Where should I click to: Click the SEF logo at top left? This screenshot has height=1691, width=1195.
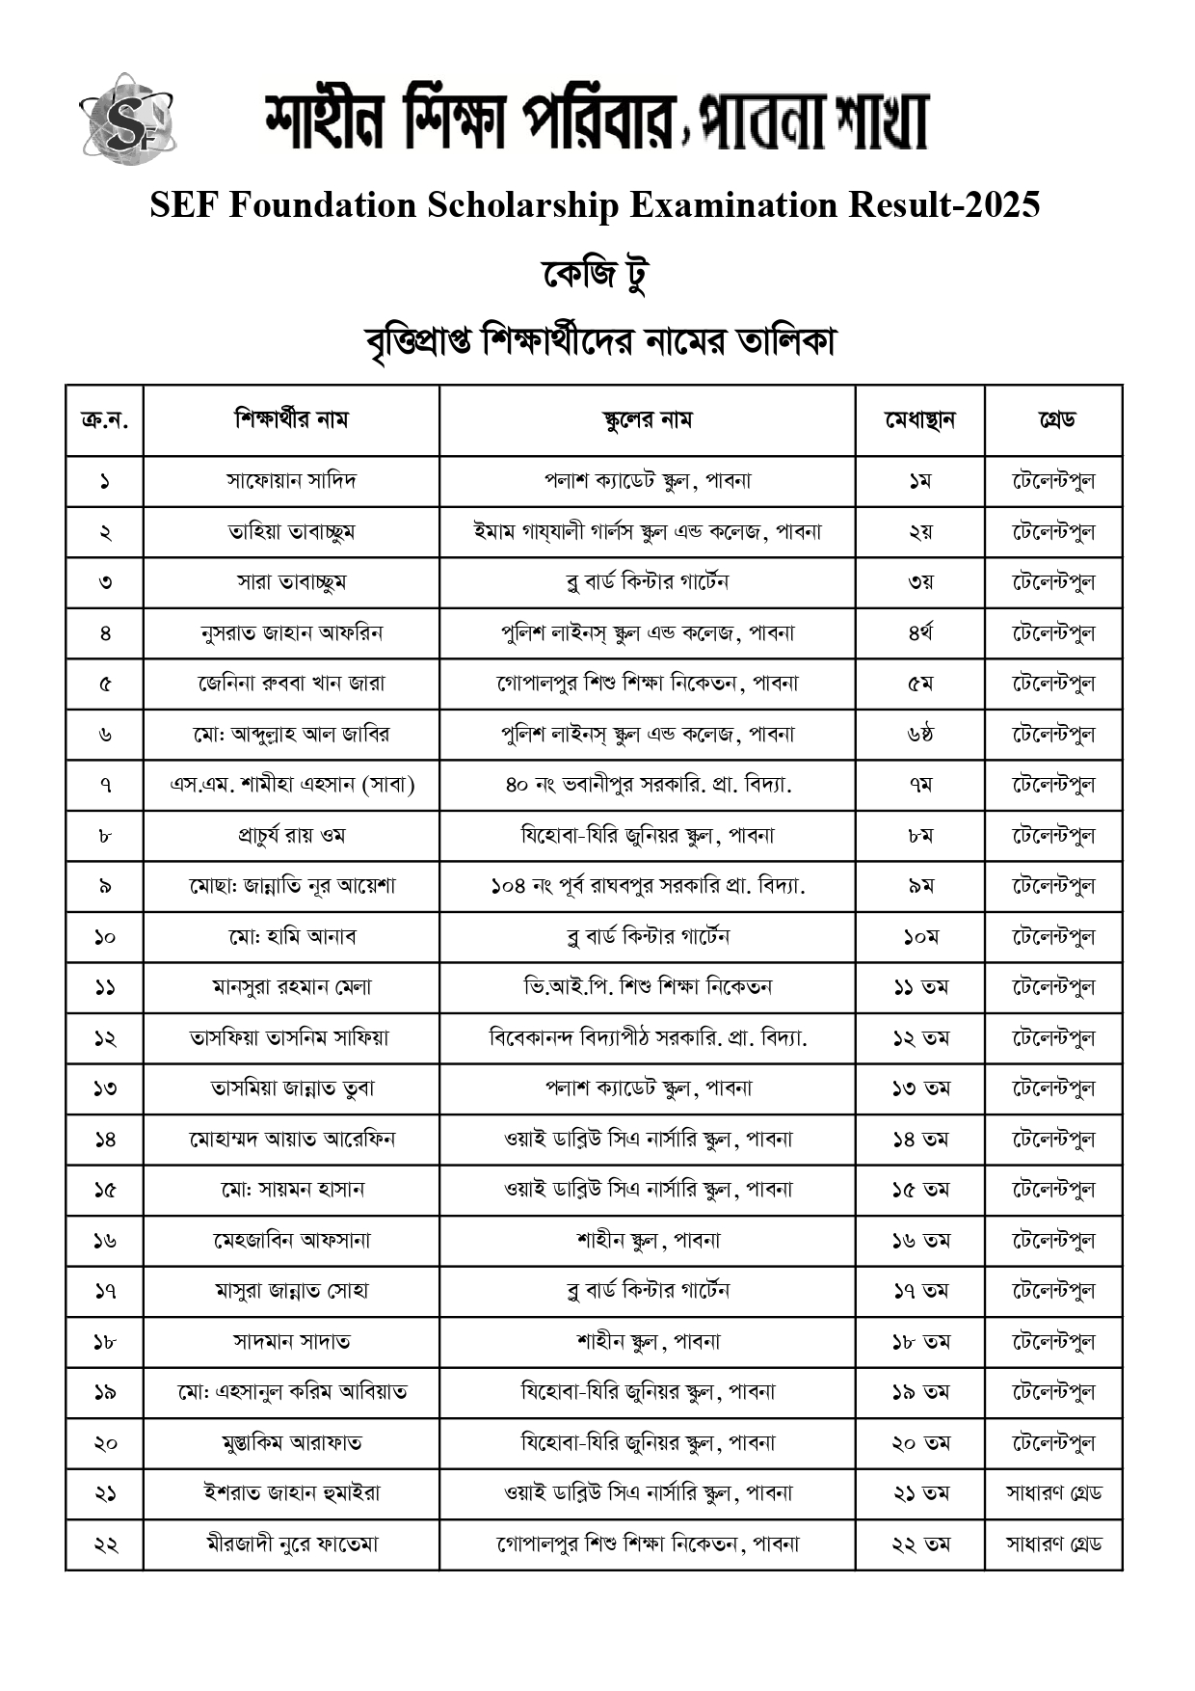tap(127, 120)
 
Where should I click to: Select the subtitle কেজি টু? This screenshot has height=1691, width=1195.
tap(595, 275)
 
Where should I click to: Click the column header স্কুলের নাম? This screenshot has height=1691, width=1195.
tap(647, 420)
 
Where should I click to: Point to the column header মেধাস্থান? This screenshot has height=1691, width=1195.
tap(919, 420)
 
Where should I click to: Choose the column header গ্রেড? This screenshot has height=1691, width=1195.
tap(1053, 420)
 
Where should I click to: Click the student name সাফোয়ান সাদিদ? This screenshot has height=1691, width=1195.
tap(291, 481)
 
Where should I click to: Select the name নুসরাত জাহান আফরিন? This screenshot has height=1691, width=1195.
tap(291, 633)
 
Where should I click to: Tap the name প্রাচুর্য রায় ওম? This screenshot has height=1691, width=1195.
tap(291, 836)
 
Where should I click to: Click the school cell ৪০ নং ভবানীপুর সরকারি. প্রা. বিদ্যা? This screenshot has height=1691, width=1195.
tap(647, 785)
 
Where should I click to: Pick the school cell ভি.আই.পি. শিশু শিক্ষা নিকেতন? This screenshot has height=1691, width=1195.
tap(647, 987)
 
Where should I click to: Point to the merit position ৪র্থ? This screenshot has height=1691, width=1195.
tap(919, 633)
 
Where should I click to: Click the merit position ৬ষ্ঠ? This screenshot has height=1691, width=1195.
tap(919, 735)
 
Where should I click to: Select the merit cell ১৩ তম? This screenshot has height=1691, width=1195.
tap(919, 1088)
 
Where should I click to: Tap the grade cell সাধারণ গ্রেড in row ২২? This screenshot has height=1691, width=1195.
tap(1053, 1544)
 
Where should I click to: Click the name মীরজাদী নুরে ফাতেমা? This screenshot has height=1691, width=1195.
tap(291, 1544)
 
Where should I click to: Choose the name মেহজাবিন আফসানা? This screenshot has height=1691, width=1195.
tap(291, 1241)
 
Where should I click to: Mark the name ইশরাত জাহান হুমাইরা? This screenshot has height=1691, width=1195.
tap(291, 1493)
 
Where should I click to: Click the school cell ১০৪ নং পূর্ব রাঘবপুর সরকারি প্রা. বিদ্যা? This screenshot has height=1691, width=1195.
tap(647, 886)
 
